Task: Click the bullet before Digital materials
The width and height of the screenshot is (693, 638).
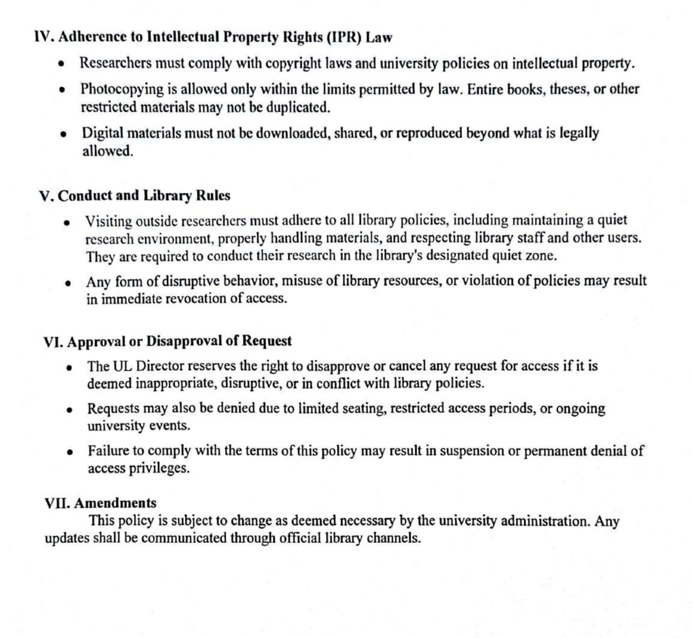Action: [63, 134]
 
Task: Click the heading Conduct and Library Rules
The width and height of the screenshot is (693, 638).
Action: [144, 196]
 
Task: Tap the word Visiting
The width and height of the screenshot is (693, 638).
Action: [109, 221]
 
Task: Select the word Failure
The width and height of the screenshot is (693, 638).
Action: [109, 451]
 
